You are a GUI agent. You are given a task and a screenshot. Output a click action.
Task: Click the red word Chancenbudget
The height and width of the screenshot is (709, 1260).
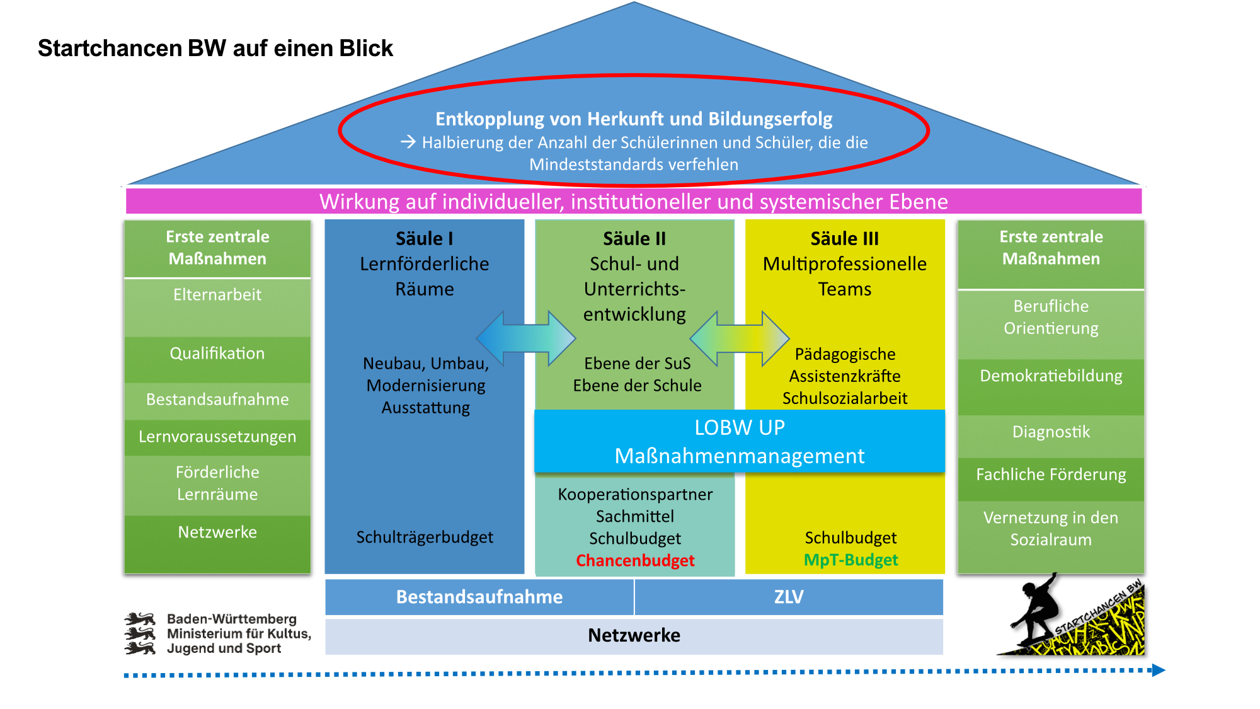click(635, 560)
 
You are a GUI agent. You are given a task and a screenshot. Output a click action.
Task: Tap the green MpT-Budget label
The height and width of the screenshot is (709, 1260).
click(850, 560)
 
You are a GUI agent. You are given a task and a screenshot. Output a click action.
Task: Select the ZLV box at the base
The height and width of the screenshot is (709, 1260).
click(789, 597)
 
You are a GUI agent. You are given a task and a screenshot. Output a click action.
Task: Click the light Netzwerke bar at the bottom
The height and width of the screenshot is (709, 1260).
click(634, 635)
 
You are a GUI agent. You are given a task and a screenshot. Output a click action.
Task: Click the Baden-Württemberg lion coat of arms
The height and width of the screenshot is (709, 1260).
click(140, 633)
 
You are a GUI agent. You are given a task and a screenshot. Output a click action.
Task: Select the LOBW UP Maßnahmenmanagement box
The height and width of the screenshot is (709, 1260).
click(739, 441)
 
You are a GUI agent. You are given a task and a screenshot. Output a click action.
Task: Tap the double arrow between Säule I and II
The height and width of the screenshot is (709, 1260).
click(526, 338)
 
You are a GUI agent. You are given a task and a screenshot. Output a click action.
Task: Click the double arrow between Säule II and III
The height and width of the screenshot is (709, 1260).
click(740, 338)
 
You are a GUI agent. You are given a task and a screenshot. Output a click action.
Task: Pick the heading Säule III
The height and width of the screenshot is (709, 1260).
click(844, 239)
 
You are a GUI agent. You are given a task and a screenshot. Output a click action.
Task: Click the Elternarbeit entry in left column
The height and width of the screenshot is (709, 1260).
click(217, 295)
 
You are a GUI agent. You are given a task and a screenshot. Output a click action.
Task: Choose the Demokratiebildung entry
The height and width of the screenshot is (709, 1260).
click(1051, 376)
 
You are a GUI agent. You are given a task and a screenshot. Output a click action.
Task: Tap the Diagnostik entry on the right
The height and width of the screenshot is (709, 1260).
click(1051, 432)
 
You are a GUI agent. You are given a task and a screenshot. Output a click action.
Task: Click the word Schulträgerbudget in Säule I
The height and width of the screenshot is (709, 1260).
click(425, 537)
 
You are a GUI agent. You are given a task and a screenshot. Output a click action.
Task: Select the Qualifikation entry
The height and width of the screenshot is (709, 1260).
click(217, 354)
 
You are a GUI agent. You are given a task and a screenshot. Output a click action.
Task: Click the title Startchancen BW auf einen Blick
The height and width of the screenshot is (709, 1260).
click(215, 49)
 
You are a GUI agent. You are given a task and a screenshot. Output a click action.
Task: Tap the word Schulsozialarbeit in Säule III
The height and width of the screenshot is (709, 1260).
click(844, 398)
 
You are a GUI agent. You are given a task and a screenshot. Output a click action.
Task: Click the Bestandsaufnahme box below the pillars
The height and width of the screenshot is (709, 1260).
click(479, 597)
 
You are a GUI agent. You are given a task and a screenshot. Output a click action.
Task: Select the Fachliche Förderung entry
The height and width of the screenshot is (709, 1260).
click(1051, 475)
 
